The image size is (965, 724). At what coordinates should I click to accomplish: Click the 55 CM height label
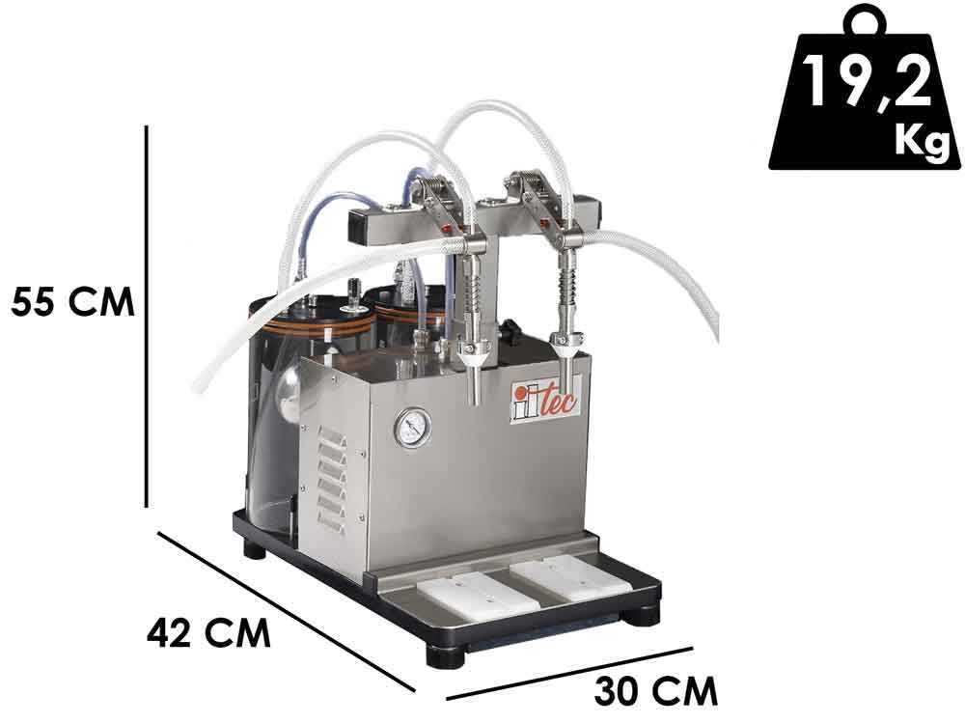(72, 300)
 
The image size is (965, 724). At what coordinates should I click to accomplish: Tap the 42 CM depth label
(208, 631)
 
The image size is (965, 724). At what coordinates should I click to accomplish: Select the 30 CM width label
(656, 691)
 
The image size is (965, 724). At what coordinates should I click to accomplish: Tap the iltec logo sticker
(544, 400)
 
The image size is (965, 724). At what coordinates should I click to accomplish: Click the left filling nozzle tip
(474, 397)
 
